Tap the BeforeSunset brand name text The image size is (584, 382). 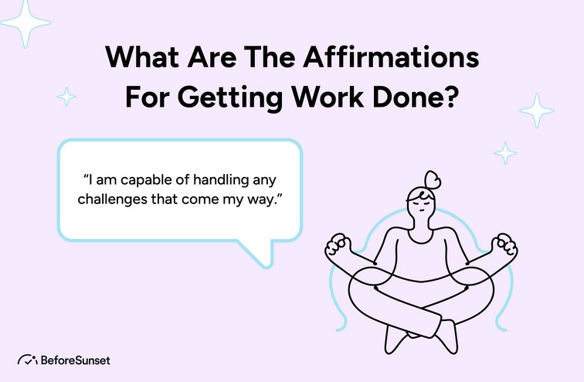pos(76,360)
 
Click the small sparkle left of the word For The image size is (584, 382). pos(67,97)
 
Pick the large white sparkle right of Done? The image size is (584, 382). pos(536,111)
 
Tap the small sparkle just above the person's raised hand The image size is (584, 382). pos(505,152)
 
